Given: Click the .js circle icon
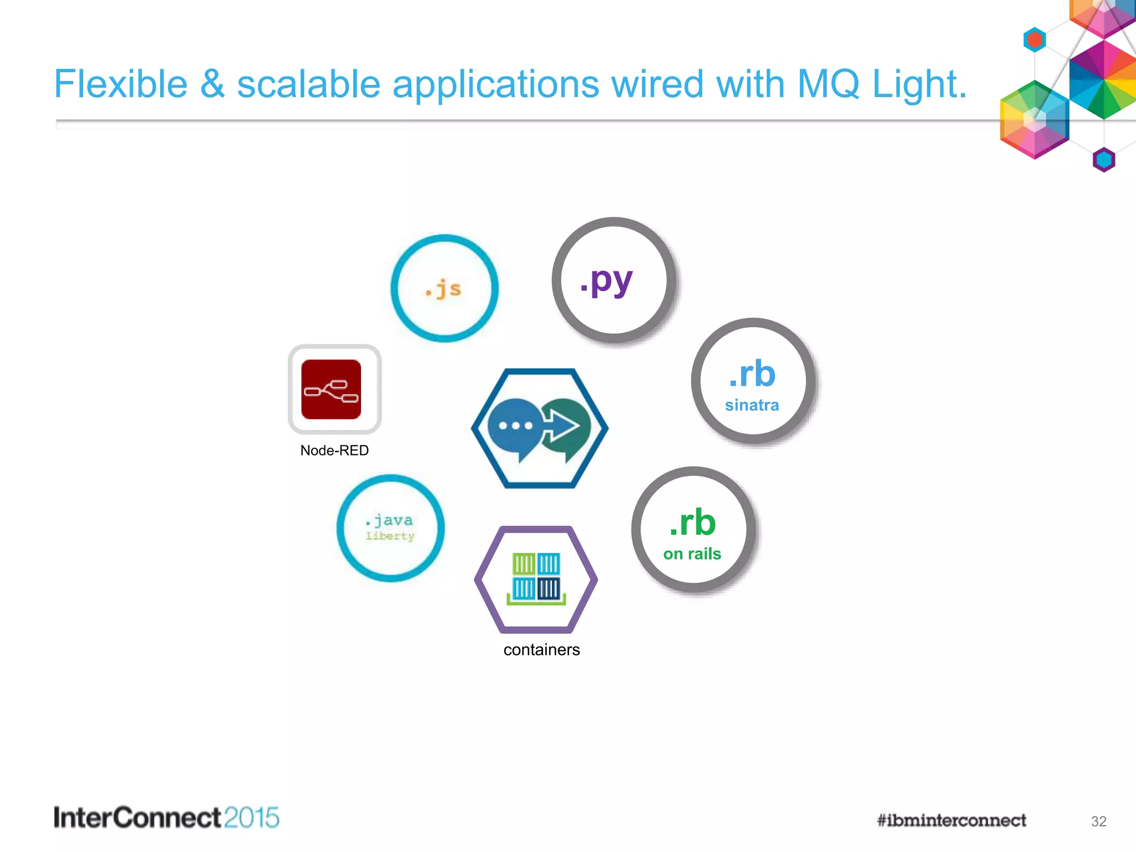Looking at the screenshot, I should point(444,288).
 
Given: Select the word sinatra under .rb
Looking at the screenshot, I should point(752,405).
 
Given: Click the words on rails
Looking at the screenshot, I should point(692,554).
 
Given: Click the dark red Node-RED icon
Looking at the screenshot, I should point(331,389).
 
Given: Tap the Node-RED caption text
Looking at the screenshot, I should point(334,450).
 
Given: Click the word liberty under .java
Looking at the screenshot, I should point(390,536).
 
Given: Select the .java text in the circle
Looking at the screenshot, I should point(389,520).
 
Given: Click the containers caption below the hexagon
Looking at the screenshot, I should point(541,650).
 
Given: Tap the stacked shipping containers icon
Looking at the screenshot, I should point(536,579).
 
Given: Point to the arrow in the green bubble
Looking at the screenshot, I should point(562,426).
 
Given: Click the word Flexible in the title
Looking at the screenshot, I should point(121,84).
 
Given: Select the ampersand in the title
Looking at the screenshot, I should point(212,84).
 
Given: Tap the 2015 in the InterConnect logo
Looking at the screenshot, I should point(252,818).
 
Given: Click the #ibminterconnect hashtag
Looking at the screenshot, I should point(951,820).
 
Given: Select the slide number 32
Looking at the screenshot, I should point(1098,821).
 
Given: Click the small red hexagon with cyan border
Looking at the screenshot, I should point(1034,40).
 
